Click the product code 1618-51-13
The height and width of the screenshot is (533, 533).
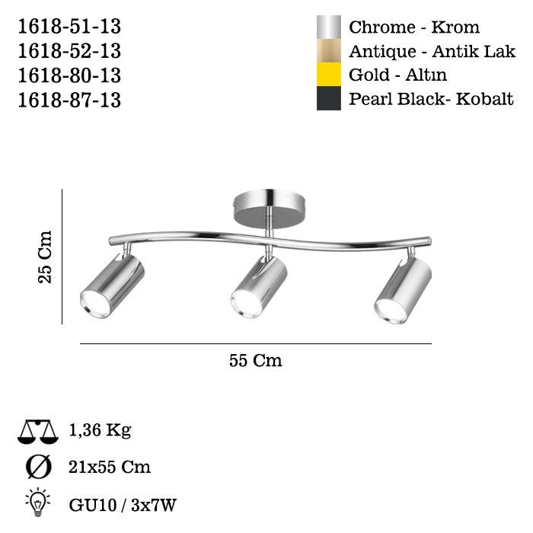point(69,27)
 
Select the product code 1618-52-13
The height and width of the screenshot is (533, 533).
point(69,52)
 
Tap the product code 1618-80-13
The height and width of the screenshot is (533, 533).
point(69,76)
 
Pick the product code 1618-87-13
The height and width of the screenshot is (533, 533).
point(69,101)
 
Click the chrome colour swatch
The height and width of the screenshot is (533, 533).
point(328,27)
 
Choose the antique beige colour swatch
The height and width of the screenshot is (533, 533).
point(328,52)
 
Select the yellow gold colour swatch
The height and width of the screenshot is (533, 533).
point(328,75)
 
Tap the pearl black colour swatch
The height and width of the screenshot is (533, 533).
point(328,99)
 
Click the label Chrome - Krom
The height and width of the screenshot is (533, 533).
point(414,27)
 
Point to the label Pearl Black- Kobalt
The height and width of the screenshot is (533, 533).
point(431,100)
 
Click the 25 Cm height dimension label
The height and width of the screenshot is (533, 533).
point(45,257)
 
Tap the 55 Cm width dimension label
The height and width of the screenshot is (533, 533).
point(256,361)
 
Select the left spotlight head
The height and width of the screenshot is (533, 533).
point(113,286)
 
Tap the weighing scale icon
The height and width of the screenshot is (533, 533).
point(37,432)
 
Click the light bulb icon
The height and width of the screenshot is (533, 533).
point(37,502)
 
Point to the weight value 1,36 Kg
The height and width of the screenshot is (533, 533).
point(100,431)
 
